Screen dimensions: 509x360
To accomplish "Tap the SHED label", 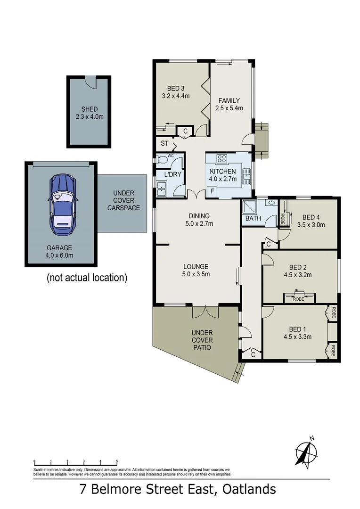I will pos(89,109).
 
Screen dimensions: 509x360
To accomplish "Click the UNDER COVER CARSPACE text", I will pos(123,200).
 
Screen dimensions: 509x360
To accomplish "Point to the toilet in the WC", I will pos(162,161).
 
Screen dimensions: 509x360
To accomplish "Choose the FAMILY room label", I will pos(229,100).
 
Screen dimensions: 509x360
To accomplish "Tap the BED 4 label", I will pos(311,217).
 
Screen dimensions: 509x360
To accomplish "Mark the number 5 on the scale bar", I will pos(116,461).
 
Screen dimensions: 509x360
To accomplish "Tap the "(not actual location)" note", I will pos(87,278).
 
